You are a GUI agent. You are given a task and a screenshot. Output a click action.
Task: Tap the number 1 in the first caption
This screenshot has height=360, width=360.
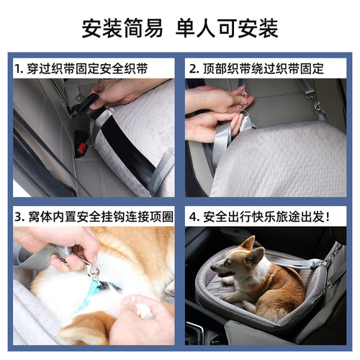point(19,69)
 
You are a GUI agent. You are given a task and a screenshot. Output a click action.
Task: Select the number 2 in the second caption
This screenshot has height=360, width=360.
point(194,69)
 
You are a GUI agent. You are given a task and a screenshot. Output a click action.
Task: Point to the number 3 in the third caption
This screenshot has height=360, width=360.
point(19,216)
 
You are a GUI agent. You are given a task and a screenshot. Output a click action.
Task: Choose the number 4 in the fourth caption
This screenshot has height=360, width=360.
point(194,216)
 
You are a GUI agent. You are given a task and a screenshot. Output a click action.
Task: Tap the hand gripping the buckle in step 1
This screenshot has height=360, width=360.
point(119,92)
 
